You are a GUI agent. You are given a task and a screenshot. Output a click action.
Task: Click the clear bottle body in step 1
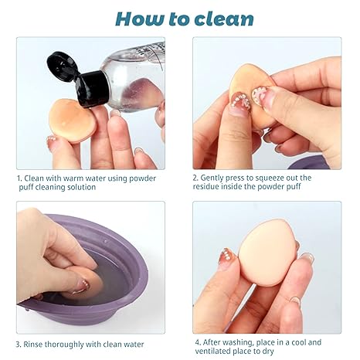[134, 77]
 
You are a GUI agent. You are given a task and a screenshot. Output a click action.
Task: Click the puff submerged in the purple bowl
[87, 280]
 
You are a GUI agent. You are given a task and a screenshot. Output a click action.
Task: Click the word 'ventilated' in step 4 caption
[212, 352]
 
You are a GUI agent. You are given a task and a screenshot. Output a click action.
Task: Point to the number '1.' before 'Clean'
[19, 178]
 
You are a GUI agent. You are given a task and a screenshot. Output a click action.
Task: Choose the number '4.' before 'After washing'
[198, 342]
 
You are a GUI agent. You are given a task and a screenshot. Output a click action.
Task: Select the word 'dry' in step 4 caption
[268, 352]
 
